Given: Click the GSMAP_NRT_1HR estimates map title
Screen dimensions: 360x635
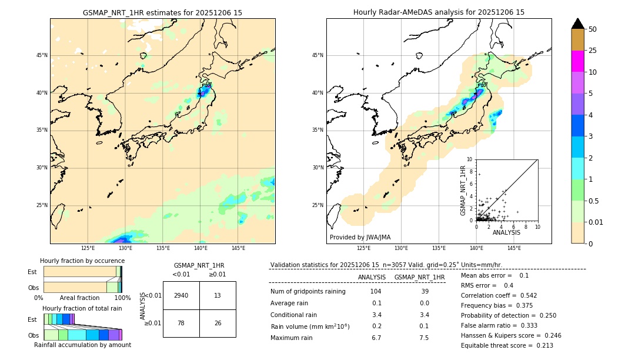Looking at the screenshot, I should point(162,12).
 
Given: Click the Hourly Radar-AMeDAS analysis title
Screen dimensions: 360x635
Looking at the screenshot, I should point(439,12).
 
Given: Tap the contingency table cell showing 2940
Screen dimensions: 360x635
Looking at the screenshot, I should point(181,295).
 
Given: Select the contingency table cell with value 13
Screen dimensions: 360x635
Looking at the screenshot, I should point(218,295).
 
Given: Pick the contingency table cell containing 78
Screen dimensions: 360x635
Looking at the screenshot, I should point(181,323).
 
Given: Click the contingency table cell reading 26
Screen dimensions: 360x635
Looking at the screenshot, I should point(218,323).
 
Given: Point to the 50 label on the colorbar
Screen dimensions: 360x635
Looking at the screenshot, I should point(593,29).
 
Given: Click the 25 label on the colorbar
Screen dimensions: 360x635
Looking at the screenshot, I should point(593,51).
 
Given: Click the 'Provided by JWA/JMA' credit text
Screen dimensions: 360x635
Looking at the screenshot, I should point(360,237).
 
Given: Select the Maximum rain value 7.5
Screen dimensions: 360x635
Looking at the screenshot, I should point(424,338).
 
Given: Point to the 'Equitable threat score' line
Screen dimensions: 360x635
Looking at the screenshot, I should point(507,345).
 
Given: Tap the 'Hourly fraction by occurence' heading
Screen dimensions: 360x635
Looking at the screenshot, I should point(82,261).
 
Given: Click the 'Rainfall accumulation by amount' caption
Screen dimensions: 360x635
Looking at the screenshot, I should point(82,345).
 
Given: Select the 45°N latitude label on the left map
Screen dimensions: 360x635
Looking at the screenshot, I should point(42,55).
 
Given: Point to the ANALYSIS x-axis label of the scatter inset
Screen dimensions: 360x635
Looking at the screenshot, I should point(506,232).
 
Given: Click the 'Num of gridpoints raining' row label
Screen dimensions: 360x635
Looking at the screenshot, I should point(308,291).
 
